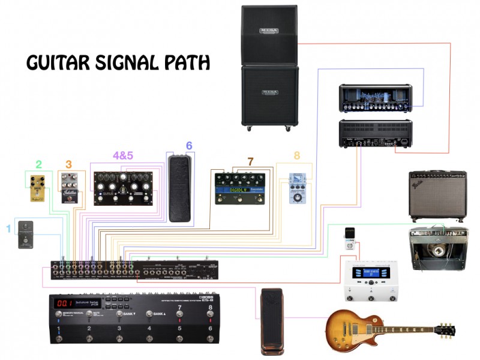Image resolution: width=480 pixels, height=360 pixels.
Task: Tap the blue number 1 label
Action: (8, 228)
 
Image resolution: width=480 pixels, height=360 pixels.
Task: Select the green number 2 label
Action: (38, 164)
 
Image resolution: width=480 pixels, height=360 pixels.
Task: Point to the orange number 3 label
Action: (68, 164)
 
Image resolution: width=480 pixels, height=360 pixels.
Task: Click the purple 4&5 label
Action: (123, 155)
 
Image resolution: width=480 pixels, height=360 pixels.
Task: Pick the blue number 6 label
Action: (189, 146)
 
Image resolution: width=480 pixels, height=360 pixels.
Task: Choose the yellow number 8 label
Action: (296, 155)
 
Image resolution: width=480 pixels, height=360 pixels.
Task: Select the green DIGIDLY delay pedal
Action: (240, 188)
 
